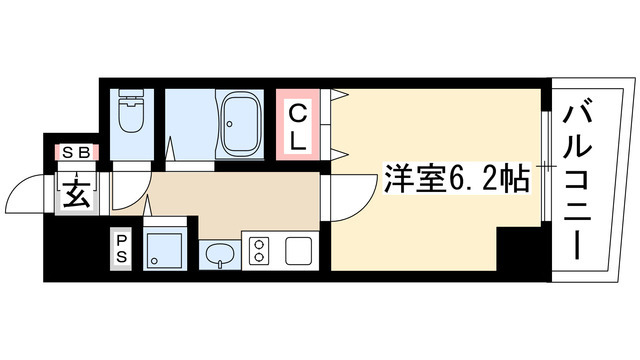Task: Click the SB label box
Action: pyautogui.click(x=74, y=152)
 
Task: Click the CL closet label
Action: pyautogui.click(x=298, y=125)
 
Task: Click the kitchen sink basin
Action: pyautogui.click(x=218, y=256)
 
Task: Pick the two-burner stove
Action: pyautogui.click(x=257, y=252)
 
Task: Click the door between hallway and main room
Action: pyautogui.click(x=336, y=195)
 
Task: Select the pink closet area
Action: pyautogui.click(x=299, y=125)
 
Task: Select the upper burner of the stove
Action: pyautogui.click(x=257, y=243)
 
